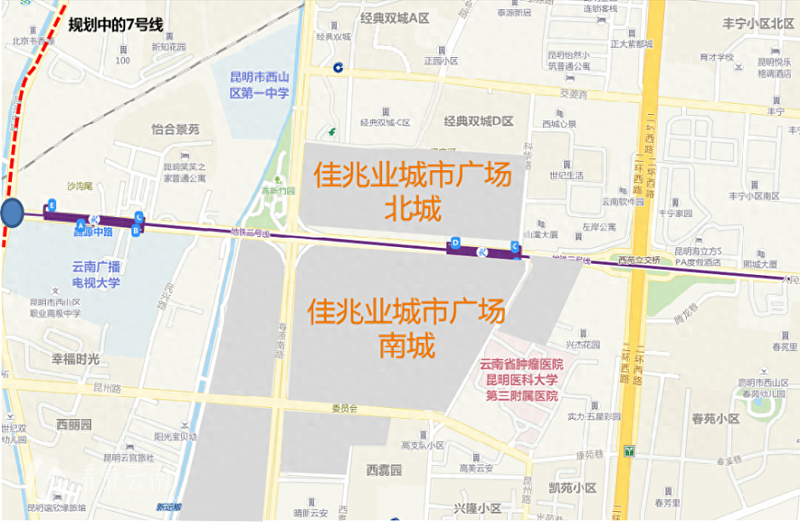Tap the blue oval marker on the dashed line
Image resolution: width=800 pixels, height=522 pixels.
tap(12, 213)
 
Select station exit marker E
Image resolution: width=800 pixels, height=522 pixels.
tap(52, 205)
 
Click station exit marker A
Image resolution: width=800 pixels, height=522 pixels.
tap(81, 224)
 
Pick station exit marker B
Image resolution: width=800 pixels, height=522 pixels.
tap(135, 230)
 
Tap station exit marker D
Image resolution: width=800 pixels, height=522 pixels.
tap(455, 243)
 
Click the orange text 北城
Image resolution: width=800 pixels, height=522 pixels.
tap(413, 208)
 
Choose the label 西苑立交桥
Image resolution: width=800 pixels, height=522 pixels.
tap(639, 261)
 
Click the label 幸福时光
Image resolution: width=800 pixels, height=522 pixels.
tap(76, 359)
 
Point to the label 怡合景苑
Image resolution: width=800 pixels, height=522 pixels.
tap(175, 129)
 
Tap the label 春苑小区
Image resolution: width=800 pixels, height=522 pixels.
tap(716, 419)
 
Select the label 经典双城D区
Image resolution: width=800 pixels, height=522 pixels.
tap(478, 121)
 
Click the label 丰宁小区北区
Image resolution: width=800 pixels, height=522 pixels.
tap(757, 23)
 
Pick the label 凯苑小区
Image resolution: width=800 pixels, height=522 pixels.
tap(573, 488)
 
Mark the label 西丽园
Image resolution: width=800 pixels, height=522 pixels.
tap(74, 424)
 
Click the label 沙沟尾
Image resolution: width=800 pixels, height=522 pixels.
tap(79, 186)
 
